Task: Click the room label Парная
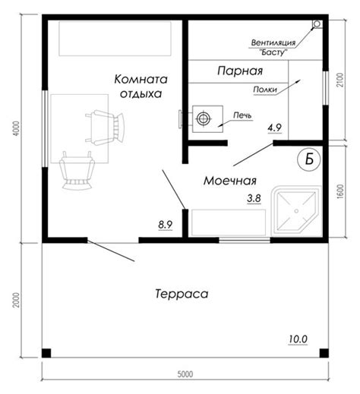tap(240, 71)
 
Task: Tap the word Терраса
tap(182, 294)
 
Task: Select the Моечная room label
tap(230, 181)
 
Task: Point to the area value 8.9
tap(166, 224)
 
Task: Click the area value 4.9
tap(275, 128)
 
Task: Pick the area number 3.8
tap(254, 198)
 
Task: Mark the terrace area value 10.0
tap(298, 339)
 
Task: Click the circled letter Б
tap(309, 159)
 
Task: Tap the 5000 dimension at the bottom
tap(185, 374)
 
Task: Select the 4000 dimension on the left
tap(16, 129)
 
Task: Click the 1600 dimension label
tap(340, 191)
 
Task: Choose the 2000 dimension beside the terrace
tap(16, 300)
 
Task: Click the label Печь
tap(242, 115)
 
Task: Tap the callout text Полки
tap(265, 90)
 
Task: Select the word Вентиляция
tap(273, 43)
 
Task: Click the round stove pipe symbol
tap(203, 118)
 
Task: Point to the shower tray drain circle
tap(296, 211)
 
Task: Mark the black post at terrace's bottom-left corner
tap(46, 353)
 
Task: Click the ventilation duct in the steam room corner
tap(317, 24)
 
